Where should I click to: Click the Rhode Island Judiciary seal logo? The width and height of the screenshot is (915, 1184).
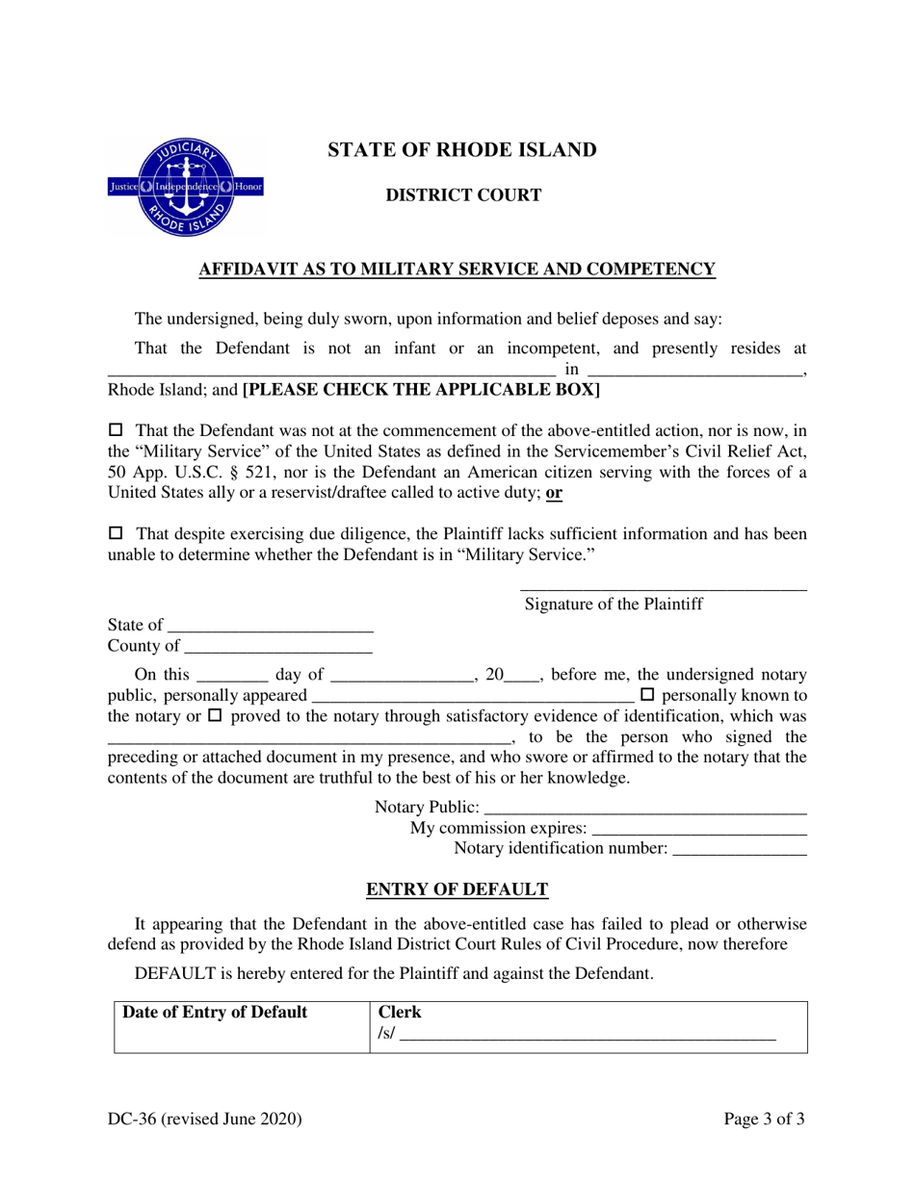point(186,188)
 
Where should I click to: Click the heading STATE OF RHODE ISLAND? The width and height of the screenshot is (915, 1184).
point(462,150)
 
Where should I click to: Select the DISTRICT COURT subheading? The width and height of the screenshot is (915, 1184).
point(463,195)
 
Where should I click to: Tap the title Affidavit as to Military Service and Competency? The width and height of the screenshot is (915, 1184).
point(457,270)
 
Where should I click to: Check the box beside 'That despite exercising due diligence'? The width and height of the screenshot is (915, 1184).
point(118,532)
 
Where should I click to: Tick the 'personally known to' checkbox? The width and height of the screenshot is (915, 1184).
point(647,694)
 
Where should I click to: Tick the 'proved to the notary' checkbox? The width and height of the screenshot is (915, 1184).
point(215,716)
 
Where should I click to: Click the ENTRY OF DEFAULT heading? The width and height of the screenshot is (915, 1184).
point(457,889)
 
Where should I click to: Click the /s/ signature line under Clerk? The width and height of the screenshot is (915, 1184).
point(588,1038)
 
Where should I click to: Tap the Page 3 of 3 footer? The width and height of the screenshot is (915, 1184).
point(765,1120)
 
